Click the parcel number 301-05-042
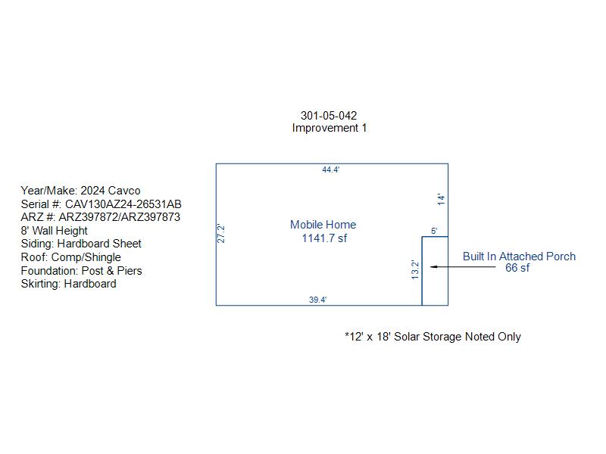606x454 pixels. coord(329,116)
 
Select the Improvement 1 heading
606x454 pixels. coord(330,128)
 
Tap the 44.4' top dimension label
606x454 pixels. coord(330,169)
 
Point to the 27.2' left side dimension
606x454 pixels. coord(220,234)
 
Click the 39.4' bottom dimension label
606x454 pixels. coord(317,300)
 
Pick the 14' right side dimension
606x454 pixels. coord(442,199)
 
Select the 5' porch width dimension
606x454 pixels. coord(434,231)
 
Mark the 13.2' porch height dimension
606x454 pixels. coord(415,269)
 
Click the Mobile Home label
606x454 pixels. coord(323,225)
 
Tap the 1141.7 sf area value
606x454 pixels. coord(324,238)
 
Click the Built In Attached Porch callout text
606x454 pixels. coord(519,257)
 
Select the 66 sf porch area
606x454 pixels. coord(517,268)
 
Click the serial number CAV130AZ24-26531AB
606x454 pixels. coord(123,204)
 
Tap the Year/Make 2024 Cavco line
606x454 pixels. coord(80,191)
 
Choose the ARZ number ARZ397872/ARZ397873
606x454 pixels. coord(119,217)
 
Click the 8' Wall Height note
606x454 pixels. coord(54,231)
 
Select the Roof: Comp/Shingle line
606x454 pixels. coord(70,257)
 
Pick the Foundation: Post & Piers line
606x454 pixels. coord(81,271)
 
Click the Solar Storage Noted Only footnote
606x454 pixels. coord(433,337)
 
